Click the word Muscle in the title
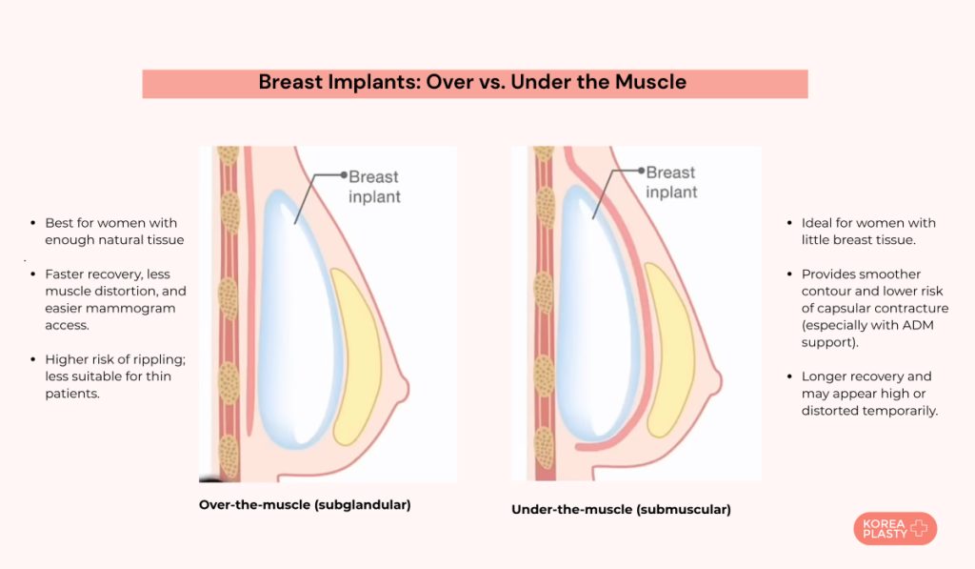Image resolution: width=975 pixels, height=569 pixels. pos(647,82)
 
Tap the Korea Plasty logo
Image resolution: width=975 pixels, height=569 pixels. pos(894,529)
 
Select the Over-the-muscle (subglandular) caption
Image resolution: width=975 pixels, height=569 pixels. pos(305,505)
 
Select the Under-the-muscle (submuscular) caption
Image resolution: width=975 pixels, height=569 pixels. pos(621,510)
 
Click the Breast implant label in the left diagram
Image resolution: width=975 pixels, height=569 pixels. pos(374,187)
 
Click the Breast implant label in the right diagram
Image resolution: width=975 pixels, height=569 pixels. pos(671,182)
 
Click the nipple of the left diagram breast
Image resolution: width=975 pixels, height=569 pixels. pos(407,389)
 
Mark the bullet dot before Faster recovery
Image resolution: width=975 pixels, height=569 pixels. pos(33,274)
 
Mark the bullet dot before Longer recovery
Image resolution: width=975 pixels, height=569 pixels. pos(789,376)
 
